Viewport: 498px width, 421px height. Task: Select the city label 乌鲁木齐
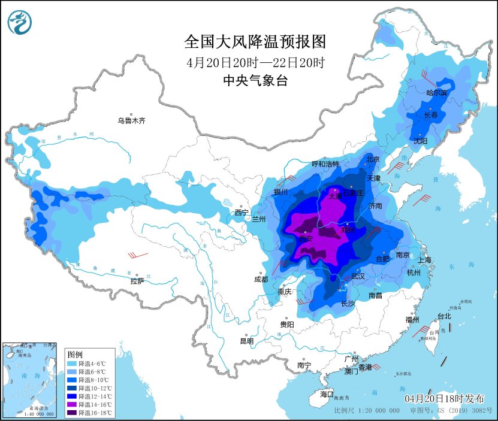[131, 121]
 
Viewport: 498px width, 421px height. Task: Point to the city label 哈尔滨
[436, 93]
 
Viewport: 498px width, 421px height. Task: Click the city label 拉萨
[137, 281]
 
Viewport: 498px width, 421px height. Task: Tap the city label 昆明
[247, 341]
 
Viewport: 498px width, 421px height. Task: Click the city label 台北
[444, 316]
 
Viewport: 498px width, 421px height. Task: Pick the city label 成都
[261, 279]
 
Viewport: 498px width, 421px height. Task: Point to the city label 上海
[425, 260]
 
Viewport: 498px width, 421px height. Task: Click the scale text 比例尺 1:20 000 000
[367, 411]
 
